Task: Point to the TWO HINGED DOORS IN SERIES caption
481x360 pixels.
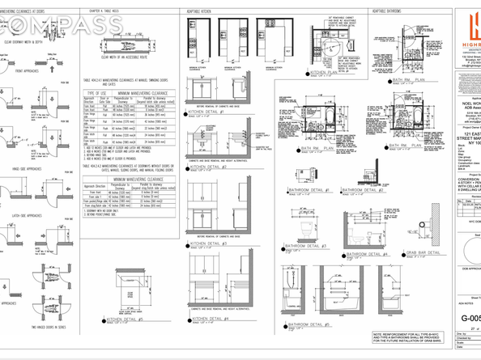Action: [34, 326]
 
